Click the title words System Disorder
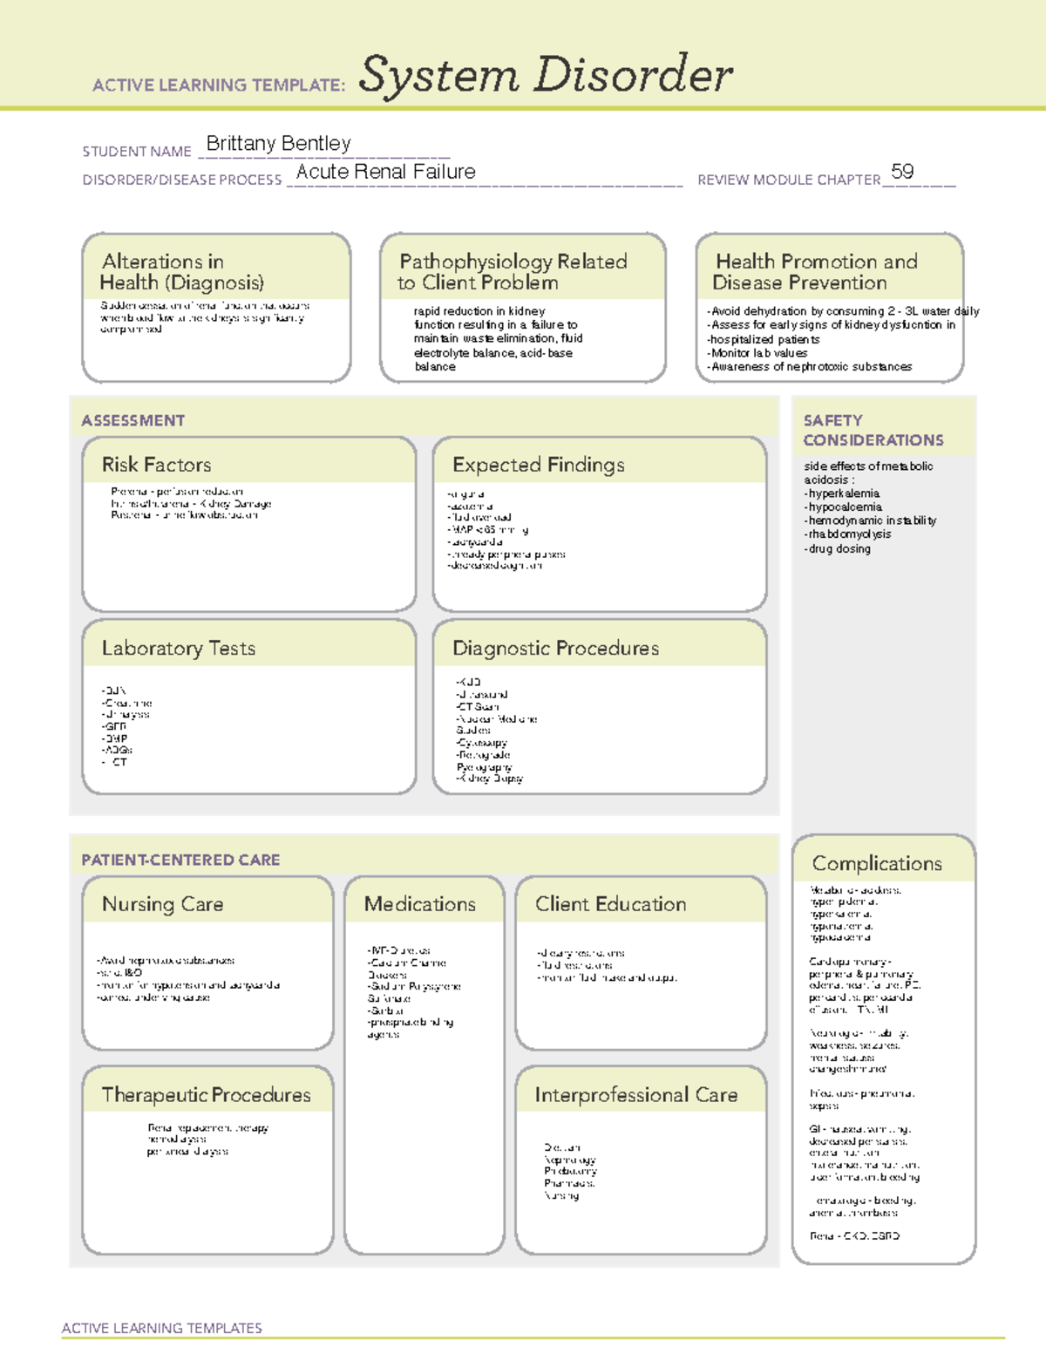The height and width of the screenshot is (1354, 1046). tap(546, 75)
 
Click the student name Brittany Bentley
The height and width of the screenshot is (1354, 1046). tap(278, 144)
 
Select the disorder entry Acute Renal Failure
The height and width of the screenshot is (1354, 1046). tap(385, 172)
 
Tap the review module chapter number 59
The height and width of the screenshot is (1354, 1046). tap(902, 172)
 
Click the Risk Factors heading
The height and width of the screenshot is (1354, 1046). tap(156, 465)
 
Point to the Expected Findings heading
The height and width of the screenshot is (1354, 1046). tap(538, 465)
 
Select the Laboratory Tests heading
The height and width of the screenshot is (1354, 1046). tap(178, 649)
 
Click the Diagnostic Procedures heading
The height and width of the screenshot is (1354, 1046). tap(555, 649)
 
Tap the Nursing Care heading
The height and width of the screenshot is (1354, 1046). tap(162, 904)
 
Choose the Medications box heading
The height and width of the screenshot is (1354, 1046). tap(419, 904)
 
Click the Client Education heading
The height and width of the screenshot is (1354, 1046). tap(610, 904)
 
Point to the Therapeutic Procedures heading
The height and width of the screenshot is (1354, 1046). tap(206, 1095)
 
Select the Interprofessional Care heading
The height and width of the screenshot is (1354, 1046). tap(635, 1095)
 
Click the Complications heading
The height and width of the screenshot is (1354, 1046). tap(877, 863)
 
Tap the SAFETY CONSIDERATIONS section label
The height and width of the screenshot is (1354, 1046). tap(873, 431)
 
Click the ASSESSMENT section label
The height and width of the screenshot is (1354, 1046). tap(133, 421)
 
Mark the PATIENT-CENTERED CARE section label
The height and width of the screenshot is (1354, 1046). tap(180, 861)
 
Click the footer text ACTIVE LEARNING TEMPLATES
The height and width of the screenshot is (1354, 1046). tap(162, 1329)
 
